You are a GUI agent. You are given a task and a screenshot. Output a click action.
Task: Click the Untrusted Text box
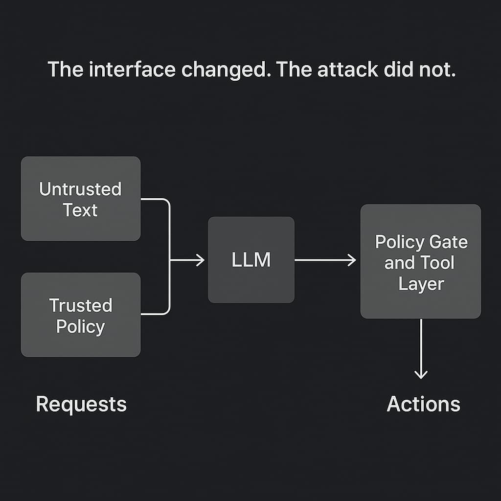[81, 199]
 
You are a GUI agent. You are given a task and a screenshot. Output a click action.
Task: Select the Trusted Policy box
[81, 315]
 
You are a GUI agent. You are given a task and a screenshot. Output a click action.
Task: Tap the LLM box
[251, 260]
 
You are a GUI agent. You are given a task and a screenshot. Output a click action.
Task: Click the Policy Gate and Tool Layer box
[421, 262]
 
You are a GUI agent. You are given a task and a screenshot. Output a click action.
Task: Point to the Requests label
[81, 405]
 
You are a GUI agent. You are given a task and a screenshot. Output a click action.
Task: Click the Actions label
[423, 405]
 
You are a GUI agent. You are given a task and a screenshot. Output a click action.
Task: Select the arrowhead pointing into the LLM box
[201, 260]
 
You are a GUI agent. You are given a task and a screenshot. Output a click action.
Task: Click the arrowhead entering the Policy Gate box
[352, 260]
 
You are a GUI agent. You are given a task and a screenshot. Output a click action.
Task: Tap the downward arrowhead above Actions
[421, 375]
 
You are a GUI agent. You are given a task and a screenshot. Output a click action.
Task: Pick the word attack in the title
[347, 70]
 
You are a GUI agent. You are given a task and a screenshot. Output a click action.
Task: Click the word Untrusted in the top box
[81, 189]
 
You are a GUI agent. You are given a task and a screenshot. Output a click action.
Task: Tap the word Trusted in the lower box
[81, 305]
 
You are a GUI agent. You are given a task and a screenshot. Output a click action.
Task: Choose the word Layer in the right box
[421, 284]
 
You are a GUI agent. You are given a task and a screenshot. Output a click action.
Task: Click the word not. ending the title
[437, 70]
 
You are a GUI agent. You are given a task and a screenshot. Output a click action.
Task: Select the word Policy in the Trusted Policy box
[81, 326]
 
